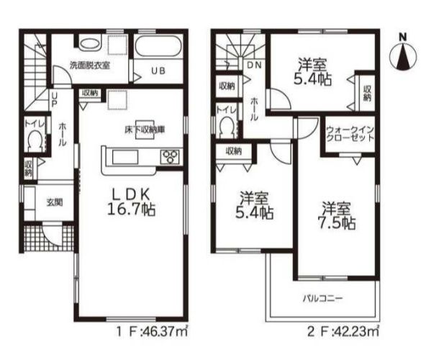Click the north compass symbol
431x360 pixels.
click(x=403, y=55)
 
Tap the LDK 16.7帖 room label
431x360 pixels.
click(x=131, y=202)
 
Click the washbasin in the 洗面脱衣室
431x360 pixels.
click(x=90, y=44)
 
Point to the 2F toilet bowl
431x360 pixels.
click(x=227, y=127)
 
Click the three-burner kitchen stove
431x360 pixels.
click(x=170, y=157)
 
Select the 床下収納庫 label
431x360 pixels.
click(x=145, y=130)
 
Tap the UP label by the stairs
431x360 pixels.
click(x=55, y=99)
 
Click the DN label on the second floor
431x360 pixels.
click(x=254, y=66)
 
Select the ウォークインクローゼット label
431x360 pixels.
click(x=350, y=134)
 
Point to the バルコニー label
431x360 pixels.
click(x=323, y=298)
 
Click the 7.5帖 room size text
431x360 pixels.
click(x=337, y=223)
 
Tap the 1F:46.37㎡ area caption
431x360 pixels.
click(x=152, y=333)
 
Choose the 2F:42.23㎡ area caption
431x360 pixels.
click(x=343, y=332)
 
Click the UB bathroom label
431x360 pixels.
click(x=158, y=71)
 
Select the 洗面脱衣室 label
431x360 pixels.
click(x=90, y=66)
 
